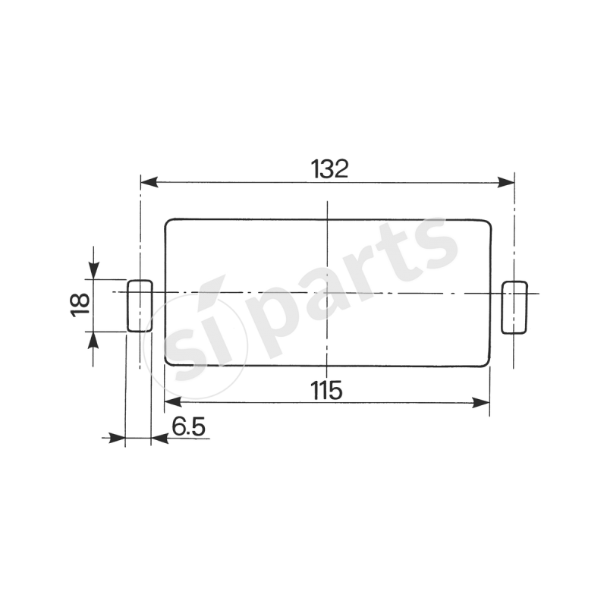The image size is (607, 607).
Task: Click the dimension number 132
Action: [329, 168]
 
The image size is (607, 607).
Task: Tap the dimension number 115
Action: [326, 390]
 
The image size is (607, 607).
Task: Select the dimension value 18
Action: [80, 304]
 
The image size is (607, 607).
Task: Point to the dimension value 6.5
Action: [188, 426]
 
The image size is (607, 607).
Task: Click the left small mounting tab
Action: [139, 306]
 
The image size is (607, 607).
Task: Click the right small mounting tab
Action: [514, 307]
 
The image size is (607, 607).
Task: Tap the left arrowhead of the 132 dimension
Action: [149, 183]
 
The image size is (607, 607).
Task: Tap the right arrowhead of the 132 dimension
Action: [507, 183]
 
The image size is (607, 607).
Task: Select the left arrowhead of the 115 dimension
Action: [173, 402]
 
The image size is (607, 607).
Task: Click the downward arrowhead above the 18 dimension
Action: [93, 270]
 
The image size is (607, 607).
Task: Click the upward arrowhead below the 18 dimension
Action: [93, 340]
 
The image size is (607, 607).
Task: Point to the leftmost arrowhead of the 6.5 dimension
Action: [117, 438]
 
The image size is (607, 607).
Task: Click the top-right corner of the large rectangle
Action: [486, 223]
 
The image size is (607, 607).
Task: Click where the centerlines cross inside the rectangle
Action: [327, 293]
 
